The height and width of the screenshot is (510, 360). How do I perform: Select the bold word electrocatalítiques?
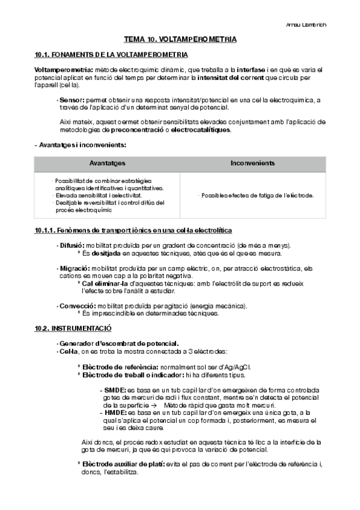[201, 129]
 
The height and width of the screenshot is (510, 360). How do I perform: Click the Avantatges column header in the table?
[107, 163]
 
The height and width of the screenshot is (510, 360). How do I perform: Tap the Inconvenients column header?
[252, 163]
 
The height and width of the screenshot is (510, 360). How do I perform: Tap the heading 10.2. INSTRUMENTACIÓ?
[73, 328]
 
